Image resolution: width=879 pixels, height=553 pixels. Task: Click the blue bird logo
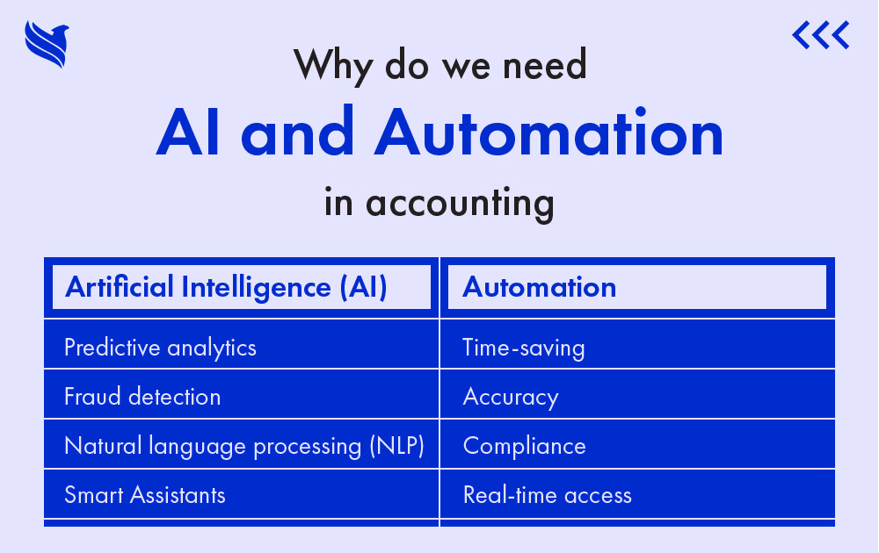pyautogui.click(x=47, y=44)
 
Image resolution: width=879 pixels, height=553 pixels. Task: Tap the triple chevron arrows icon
pyautogui.click(x=821, y=35)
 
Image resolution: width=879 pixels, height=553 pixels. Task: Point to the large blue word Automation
pyautogui.click(x=549, y=132)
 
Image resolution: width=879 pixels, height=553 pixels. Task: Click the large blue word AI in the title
pyautogui.click(x=188, y=132)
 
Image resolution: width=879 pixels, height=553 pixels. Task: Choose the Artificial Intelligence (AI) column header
pyautogui.click(x=242, y=288)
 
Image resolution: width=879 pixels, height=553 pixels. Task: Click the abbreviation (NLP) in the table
pyautogui.click(x=397, y=447)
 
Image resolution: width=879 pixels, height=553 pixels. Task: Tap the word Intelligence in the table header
pyautogui.click(x=256, y=288)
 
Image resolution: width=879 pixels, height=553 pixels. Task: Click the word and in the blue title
pyautogui.click(x=298, y=132)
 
